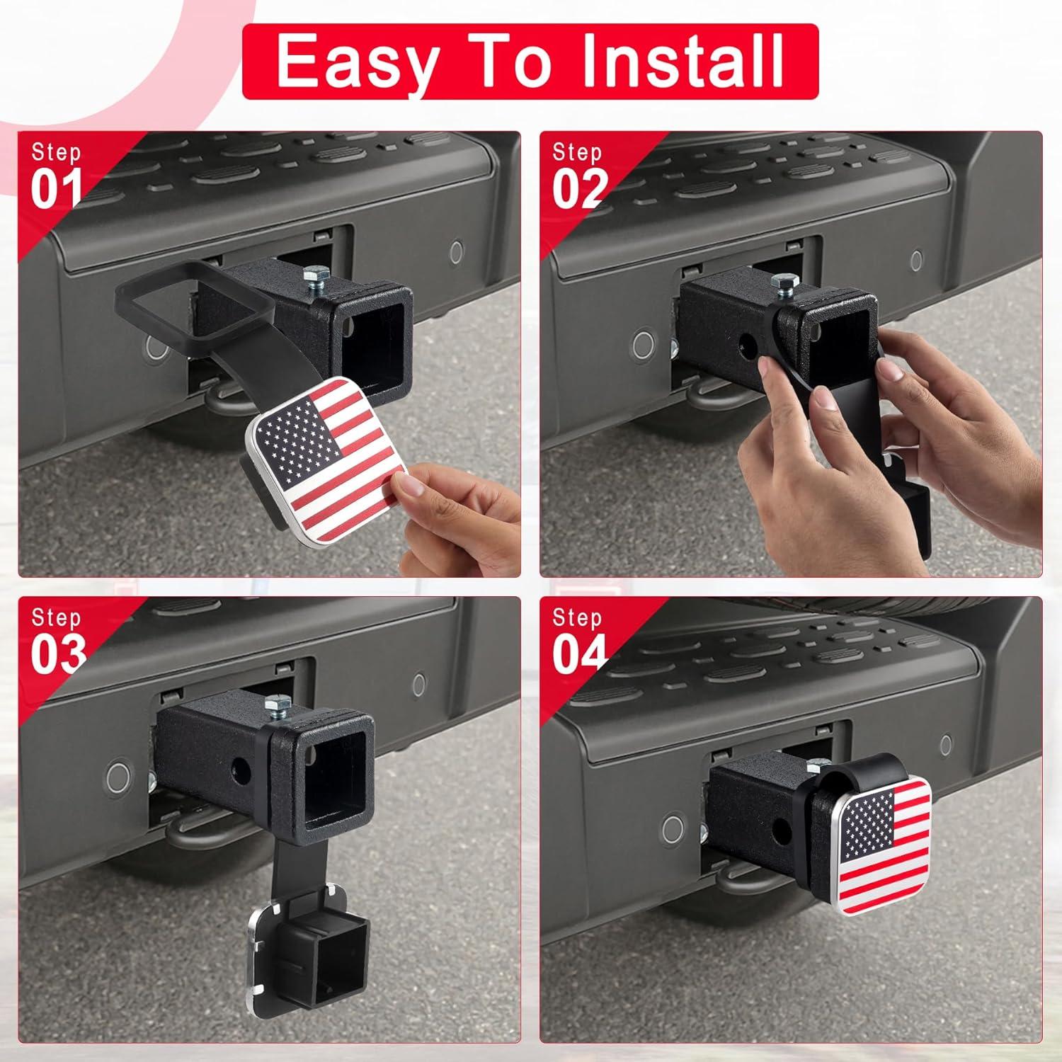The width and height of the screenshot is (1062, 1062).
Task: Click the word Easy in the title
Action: pos(354,62)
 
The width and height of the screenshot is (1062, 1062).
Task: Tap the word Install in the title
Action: pos(683,62)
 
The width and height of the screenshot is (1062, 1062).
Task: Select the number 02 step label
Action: pos(579,189)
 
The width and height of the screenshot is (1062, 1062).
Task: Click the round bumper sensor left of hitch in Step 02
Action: pos(643,345)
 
